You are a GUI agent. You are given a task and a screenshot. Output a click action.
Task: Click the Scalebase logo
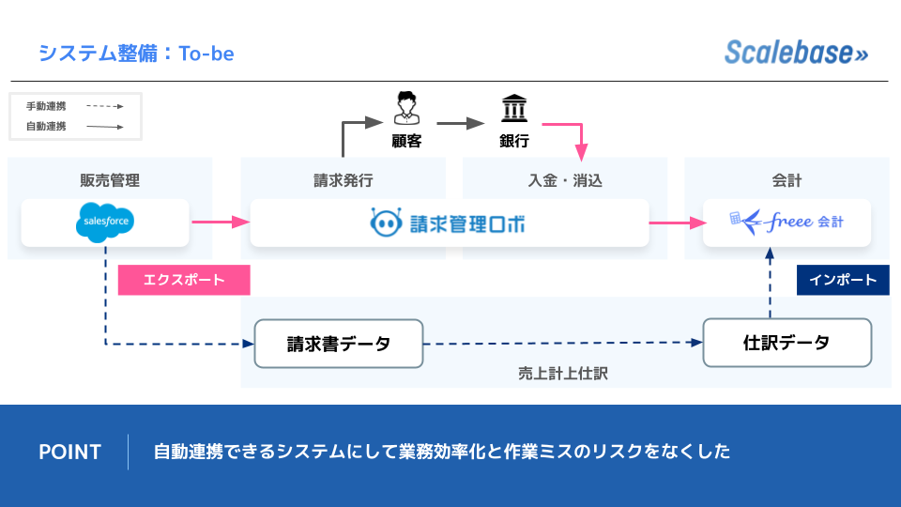tap(796, 53)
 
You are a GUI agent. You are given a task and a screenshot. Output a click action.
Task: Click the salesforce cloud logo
tap(105, 223)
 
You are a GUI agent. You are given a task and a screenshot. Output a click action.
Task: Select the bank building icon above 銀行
tap(513, 109)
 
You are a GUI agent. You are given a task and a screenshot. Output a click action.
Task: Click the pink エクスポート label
tap(184, 280)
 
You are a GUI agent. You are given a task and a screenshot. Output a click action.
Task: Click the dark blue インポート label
tap(843, 280)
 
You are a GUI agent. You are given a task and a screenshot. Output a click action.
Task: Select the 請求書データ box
tap(339, 344)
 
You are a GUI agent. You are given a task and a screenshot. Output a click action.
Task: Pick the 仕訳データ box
tap(787, 343)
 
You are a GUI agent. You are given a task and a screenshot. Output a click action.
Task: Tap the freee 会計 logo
tap(786, 223)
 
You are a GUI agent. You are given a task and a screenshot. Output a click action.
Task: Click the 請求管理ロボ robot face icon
tap(387, 223)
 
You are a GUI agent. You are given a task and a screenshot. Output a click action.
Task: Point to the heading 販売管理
tap(110, 181)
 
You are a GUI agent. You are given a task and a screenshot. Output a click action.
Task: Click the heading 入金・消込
tap(565, 181)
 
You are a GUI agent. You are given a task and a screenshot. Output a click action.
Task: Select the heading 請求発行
tap(344, 181)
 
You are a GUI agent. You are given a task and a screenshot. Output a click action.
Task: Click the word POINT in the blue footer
tap(69, 452)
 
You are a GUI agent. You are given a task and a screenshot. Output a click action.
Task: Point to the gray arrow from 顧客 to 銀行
tap(459, 122)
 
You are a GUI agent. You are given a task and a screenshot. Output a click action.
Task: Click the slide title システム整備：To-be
tap(136, 54)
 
